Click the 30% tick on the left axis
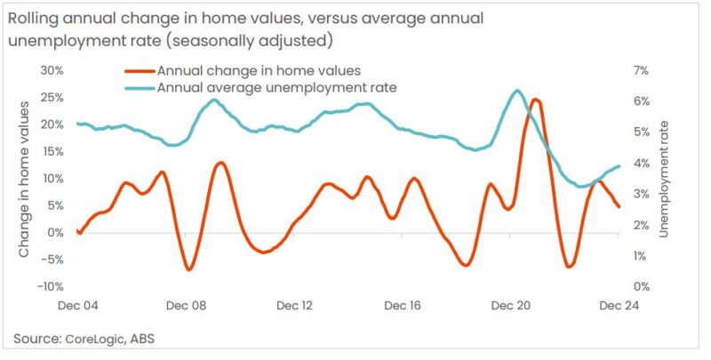pyautogui.click(x=52, y=70)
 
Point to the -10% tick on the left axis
pyautogui.click(x=48, y=286)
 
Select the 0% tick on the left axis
pyautogui.click(x=54, y=232)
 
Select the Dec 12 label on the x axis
pyautogui.click(x=295, y=305)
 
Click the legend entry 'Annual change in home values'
pyautogui.click(x=257, y=70)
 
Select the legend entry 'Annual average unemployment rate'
pyautogui.click(x=276, y=87)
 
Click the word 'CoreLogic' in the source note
pyautogui.click(x=92, y=339)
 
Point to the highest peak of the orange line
pyautogui.click(x=535, y=100)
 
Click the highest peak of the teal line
pyautogui.click(x=516, y=91)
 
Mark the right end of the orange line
pyautogui.click(x=619, y=207)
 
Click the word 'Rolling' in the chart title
pyautogui.click(x=37, y=19)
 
